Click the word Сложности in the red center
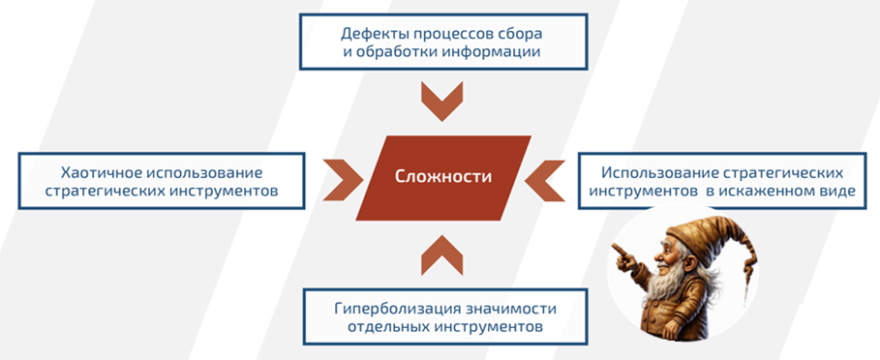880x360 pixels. tap(442, 177)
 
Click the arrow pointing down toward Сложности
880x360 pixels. tap(442, 102)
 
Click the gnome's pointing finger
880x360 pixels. tap(617, 255)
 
